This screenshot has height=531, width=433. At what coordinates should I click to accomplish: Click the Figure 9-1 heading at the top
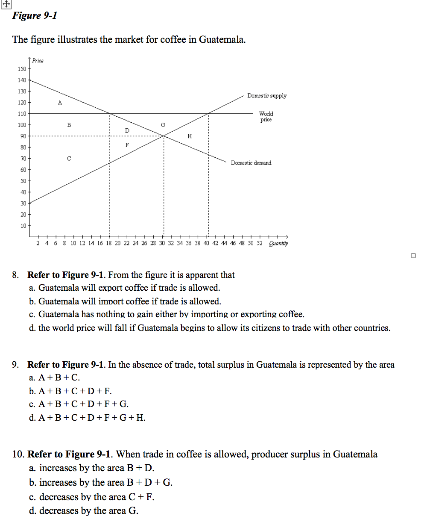coord(35,16)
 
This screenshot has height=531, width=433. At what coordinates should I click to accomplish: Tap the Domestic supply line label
coord(267,96)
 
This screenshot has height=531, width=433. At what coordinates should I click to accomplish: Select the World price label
coord(266,116)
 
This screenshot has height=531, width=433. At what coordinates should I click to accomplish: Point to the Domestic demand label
coord(251,163)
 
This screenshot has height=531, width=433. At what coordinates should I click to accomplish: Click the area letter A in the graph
coord(60,103)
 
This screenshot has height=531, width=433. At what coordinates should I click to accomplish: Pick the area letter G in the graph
coord(163,125)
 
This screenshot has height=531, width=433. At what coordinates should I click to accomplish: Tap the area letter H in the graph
coord(190,136)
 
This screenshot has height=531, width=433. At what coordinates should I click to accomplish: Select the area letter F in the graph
coord(127,145)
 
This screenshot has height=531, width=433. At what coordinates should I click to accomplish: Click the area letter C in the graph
coord(69,159)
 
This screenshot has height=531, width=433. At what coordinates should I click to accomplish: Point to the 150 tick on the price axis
coord(22,69)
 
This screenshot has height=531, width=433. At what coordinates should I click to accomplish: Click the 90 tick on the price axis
coord(23,136)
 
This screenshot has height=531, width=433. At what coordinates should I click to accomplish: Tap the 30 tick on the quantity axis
coord(162,243)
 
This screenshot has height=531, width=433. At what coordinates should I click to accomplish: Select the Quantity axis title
coord(278,243)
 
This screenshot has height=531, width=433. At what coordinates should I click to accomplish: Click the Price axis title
coord(38,61)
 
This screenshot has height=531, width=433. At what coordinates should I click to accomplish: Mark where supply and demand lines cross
coord(164,136)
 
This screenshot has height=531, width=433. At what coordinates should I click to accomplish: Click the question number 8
coord(15,275)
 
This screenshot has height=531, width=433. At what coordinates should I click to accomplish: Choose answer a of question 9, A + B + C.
coord(54,378)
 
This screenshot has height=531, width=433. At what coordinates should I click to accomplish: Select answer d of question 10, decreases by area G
coord(84,511)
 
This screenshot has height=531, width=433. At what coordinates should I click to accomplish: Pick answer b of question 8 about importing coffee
coord(125,301)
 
